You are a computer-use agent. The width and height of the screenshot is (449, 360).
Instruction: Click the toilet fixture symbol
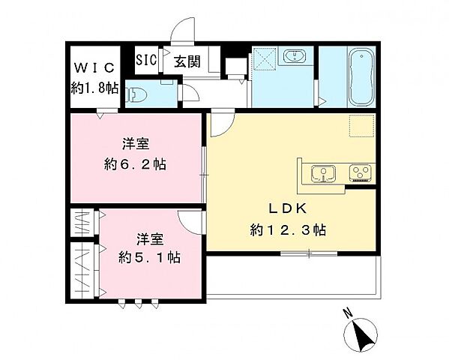137,94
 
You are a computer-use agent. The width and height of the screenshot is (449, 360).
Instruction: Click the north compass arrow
363,331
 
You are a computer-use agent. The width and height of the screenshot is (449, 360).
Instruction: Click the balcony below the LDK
292,275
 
